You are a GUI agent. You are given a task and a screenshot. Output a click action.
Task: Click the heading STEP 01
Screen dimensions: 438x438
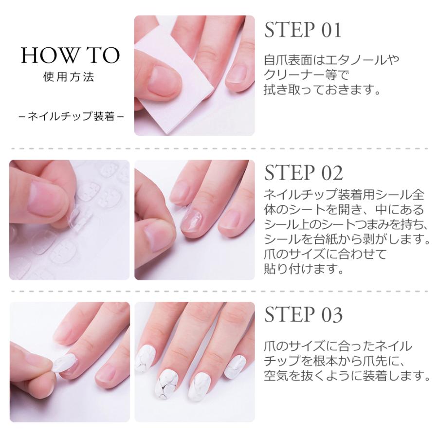coord(303,30)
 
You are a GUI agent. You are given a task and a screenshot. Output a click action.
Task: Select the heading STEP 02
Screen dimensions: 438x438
coord(303,173)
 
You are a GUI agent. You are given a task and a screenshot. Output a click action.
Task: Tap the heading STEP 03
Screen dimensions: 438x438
coord(303,314)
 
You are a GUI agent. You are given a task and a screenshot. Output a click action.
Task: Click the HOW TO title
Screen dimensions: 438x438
coord(71,55)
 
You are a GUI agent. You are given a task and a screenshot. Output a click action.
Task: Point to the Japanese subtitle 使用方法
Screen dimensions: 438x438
coord(69,77)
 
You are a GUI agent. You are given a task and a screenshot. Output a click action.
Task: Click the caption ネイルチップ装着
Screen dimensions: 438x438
coord(71,116)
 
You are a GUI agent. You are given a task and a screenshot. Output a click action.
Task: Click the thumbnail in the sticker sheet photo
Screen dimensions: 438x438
coord(46,198)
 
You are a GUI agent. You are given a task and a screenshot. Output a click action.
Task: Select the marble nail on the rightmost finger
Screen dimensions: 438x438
coord(235,365)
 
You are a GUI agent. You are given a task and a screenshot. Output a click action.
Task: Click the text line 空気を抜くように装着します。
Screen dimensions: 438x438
coord(347,376)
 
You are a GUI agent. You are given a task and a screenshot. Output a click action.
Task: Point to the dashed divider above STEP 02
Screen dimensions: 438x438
coord(219,148)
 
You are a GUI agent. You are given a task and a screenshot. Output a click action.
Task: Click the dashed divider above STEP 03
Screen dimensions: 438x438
coord(219,292)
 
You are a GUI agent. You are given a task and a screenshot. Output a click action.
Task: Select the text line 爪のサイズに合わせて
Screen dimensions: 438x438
coord(325,254)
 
